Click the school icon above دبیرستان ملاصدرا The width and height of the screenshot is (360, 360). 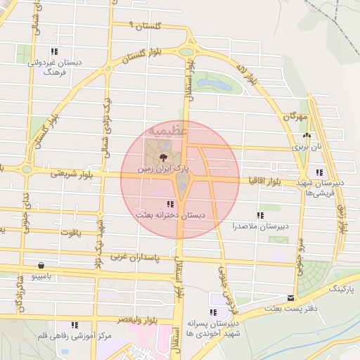coord(260,215)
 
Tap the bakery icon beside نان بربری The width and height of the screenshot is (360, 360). coord(306,136)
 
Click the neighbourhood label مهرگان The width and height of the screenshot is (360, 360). coord(295,115)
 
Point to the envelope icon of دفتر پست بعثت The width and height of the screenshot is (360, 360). coord(290,298)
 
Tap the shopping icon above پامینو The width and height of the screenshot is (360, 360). coord(42,266)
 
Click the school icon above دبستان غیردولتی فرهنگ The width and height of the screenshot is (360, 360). coord(54,51)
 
